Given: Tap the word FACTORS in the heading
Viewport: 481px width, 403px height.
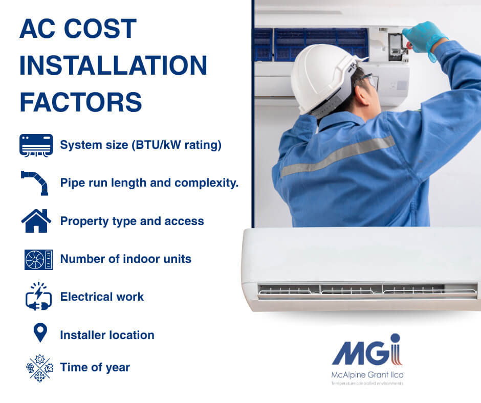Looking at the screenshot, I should [81, 102].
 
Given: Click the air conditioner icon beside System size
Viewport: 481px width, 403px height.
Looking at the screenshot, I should [36, 145].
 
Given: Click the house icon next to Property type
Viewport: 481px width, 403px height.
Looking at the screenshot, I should [36, 221].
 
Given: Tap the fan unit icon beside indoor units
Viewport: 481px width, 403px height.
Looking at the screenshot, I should [38, 259].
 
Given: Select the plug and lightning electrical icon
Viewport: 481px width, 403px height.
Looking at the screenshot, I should [38, 297].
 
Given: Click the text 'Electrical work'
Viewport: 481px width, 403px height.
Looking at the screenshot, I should [102, 297].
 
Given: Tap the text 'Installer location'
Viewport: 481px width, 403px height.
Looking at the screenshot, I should [107, 335].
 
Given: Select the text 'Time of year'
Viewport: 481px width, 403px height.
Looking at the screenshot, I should [95, 367].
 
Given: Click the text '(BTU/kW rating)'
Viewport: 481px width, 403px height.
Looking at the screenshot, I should [177, 145].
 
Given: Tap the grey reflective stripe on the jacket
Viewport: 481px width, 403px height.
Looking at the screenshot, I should [338, 156].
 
